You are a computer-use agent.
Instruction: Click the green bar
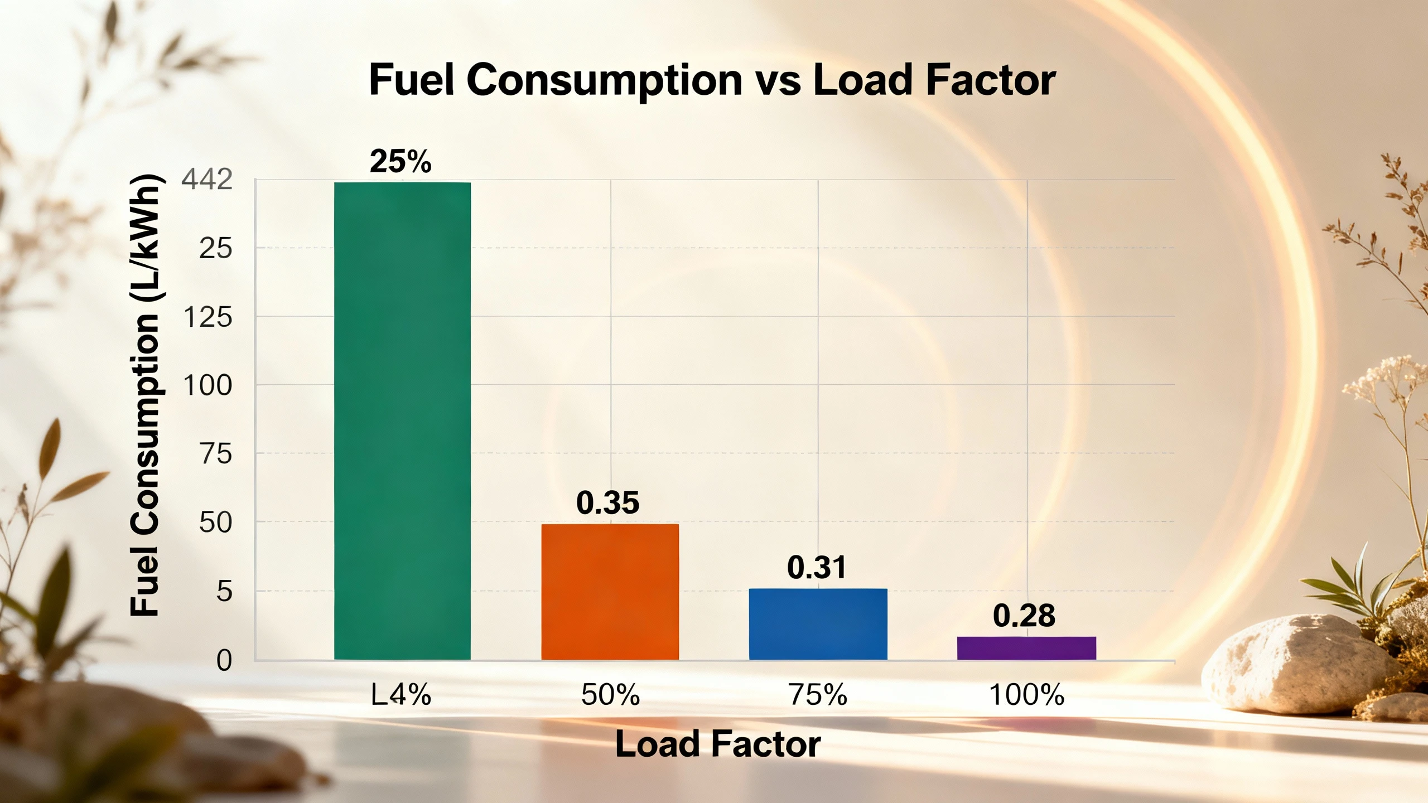tap(402, 421)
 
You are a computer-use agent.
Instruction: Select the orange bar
tap(610, 592)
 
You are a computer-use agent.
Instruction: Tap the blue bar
tap(818, 624)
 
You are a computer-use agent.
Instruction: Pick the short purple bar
tap(1026, 648)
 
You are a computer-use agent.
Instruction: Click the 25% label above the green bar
tap(401, 162)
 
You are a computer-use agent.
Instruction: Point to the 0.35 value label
tap(607, 502)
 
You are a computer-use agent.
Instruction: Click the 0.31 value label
tap(817, 567)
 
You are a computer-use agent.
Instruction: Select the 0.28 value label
tap(1024, 616)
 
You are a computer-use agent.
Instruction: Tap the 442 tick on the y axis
tap(207, 180)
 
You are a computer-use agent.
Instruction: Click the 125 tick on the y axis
tap(208, 317)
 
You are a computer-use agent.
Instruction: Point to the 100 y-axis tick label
tap(208, 385)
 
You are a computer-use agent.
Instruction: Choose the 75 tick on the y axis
tap(215, 454)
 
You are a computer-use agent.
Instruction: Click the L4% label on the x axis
tap(401, 695)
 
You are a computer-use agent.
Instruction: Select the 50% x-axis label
tap(610, 695)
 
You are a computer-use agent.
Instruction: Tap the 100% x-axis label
tap(1026, 695)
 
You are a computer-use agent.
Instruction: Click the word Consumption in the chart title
tap(604, 80)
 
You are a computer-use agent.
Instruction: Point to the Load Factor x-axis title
tap(718, 744)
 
